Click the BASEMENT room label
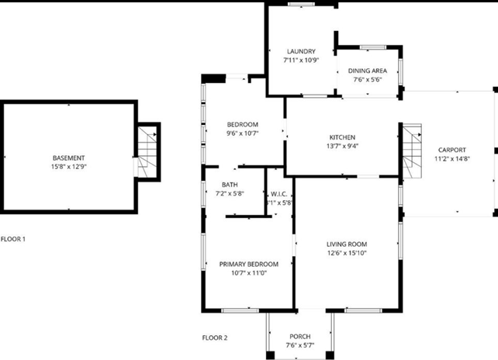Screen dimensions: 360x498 68,157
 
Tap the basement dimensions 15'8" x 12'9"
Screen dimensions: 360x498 68,166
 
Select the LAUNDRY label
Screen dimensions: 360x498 300,51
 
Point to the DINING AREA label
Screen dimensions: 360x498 368,70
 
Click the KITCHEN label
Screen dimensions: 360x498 342,137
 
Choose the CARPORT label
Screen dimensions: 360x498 452,150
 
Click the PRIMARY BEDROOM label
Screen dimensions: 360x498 248,264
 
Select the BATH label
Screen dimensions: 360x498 230,185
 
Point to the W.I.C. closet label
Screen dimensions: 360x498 279,194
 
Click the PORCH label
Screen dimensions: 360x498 299,337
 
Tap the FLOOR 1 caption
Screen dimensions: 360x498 13,239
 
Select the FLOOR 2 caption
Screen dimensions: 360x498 215,337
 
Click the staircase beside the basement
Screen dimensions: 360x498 147,151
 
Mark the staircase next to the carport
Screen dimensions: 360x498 411,151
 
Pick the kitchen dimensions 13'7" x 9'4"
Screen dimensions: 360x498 342,146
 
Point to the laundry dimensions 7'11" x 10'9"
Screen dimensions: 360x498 300,60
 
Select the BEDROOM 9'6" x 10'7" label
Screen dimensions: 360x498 242,129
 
